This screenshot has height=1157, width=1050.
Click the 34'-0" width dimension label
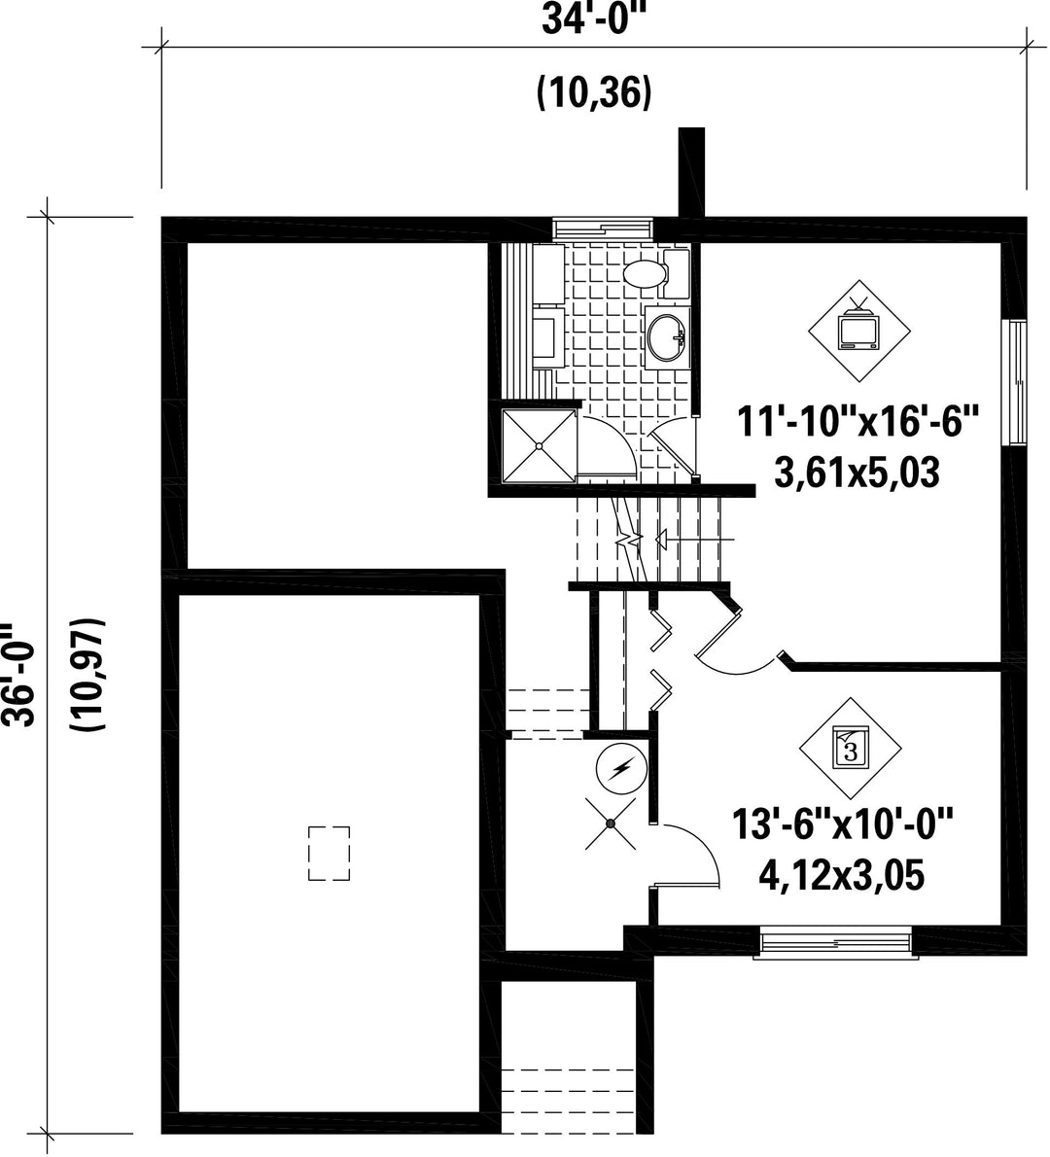tap(593, 18)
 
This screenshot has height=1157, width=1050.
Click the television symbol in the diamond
tap(858, 331)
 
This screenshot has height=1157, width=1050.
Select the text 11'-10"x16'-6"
tap(858, 424)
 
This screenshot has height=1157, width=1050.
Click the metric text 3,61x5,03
tap(857, 473)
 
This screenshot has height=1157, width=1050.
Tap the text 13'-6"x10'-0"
tap(843, 825)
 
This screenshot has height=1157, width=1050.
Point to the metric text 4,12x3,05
tap(841, 876)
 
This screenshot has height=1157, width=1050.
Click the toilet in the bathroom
tap(656, 273)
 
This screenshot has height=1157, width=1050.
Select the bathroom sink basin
tap(666, 338)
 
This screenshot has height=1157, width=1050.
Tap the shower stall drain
tap(540, 445)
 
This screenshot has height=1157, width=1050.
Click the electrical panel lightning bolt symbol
tap(621, 770)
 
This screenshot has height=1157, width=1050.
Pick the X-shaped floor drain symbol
tap(611, 823)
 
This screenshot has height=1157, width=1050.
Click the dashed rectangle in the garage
tap(329, 853)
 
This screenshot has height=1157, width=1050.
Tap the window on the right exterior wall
tap(1018, 382)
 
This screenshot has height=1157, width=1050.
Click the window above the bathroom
tap(603, 228)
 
